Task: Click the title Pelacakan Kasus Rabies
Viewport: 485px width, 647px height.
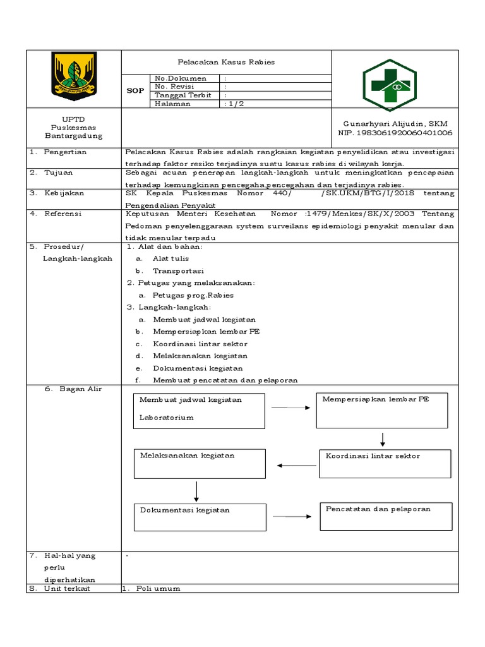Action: pos(226,63)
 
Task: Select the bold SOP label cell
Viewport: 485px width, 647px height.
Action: pos(135,90)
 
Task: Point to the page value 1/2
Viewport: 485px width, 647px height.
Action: pos(234,104)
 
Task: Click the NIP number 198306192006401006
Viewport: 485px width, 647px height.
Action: pos(395,133)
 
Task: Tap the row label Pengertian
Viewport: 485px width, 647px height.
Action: pos(66,152)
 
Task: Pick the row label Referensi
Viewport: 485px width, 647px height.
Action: pos(63,214)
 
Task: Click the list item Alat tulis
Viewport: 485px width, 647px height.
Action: pos(171,258)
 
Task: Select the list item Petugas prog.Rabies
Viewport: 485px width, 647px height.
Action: pos(193,295)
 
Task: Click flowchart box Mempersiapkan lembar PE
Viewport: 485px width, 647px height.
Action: pos(382,410)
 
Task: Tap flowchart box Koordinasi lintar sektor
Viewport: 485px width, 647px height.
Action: pos(385,463)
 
